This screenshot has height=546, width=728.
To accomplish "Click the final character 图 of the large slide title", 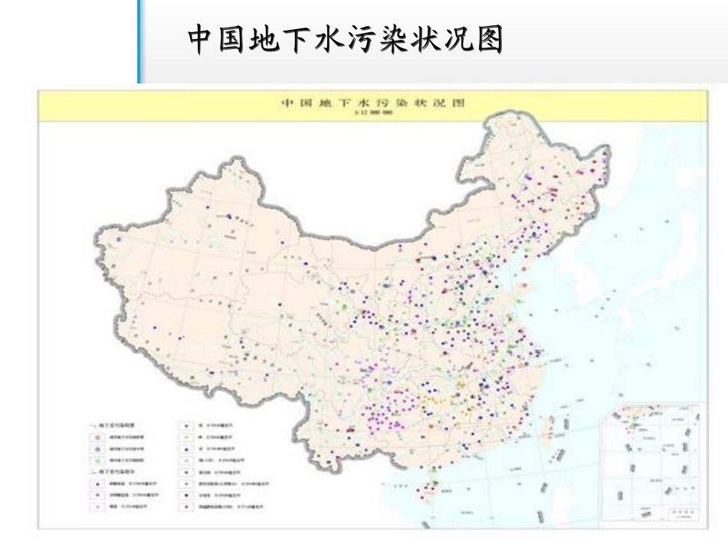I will tap(487, 41).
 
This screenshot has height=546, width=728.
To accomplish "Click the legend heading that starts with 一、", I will tap(112, 423).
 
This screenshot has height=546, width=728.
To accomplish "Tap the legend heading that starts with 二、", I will tap(112, 473).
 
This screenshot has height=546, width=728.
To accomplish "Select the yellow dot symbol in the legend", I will tap(187, 436).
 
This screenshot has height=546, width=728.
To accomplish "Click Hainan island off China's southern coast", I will tap(426, 491).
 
